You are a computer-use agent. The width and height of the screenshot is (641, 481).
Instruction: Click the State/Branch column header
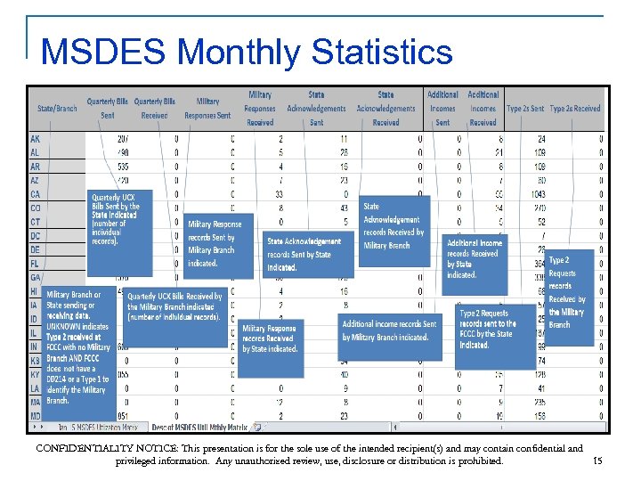click(x=57, y=109)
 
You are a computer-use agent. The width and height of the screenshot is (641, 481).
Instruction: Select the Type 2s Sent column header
click(x=525, y=109)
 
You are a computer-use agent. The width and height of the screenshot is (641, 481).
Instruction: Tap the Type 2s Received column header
click(x=575, y=109)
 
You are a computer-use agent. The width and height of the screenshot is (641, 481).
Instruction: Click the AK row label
click(x=35, y=140)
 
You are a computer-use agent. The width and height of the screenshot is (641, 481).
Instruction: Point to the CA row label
click(x=35, y=194)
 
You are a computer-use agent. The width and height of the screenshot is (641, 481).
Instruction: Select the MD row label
click(x=36, y=414)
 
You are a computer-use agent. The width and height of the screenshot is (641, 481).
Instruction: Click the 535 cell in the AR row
click(x=123, y=167)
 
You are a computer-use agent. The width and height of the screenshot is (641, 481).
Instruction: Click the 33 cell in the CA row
click(x=279, y=194)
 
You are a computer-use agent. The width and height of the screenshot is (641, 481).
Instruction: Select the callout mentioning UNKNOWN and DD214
click(x=79, y=347)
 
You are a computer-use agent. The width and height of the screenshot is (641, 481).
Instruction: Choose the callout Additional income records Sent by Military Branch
click(x=389, y=330)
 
